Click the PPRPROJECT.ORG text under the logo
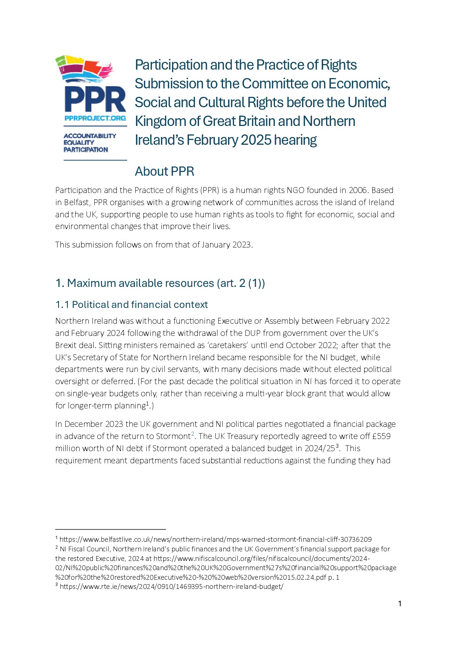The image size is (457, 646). pyautogui.click(x=95, y=118)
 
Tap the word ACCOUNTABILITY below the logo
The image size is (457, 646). pyautogui.click(x=90, y=136)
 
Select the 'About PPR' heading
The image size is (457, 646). pyautogui.click(x=164, y=171)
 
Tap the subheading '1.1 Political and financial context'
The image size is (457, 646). pyautogui.click(x=132, y=305)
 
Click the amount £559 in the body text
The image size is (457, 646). pyautogui.click(x=381, y=436)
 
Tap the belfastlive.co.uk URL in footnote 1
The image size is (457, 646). pyautogui.click(x=216, y=540)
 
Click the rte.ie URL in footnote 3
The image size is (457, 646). pyautogui.click(x=171, y=587)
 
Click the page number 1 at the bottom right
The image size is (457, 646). pyautogui.click(x=400, y=604)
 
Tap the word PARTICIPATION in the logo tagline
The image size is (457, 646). pyautogui.click(x=86, y=150)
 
